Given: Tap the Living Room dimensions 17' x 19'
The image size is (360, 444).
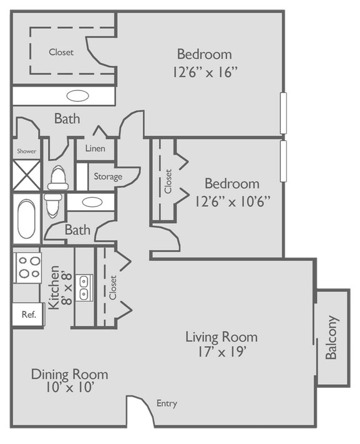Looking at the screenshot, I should (221, 351).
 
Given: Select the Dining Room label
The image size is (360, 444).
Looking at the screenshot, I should (69, 374).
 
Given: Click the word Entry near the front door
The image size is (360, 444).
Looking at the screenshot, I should (167, 403).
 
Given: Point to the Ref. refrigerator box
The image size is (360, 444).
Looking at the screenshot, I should (29, 314).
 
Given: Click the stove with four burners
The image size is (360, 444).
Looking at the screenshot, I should (27, 266).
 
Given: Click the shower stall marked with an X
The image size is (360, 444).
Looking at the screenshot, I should (27, 175).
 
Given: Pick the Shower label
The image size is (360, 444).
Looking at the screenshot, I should (26, 152).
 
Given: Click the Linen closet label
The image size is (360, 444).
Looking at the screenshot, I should (95, 149).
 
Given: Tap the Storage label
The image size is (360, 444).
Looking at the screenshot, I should (108, 176).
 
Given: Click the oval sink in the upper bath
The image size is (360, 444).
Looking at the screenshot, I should (78, 96).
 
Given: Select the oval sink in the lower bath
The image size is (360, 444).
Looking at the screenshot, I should (92, 202).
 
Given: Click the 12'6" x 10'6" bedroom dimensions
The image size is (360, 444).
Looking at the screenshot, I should (231, 201).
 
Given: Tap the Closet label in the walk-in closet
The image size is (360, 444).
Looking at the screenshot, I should (61, 52).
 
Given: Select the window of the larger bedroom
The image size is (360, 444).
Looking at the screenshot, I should (283, 113).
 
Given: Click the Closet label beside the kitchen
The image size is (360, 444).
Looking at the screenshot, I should (113, 287).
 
